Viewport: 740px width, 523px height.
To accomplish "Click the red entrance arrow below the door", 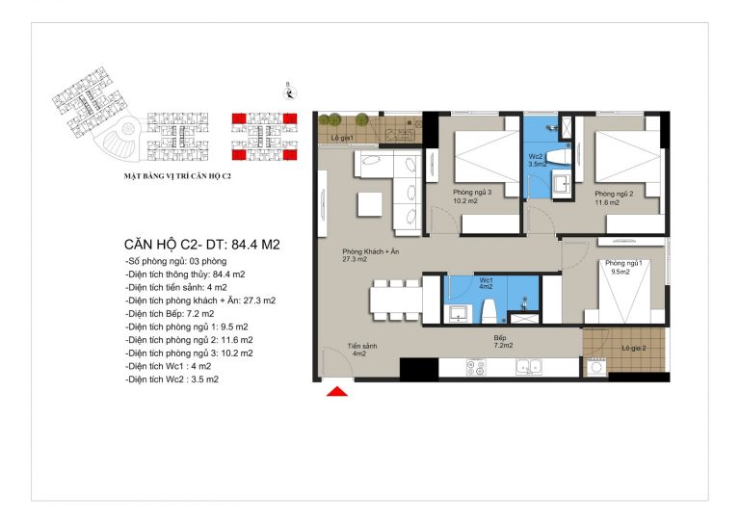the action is point(337,391).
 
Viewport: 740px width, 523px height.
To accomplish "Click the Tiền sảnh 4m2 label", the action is point(362,350).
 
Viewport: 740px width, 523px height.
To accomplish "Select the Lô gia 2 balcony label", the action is point(633,348).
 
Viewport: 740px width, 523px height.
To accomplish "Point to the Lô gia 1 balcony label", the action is point(343,138).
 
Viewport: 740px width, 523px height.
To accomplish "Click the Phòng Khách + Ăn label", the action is point(370,255).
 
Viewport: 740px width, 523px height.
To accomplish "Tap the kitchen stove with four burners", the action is point(476,367).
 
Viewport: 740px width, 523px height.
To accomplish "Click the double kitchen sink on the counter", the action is point(529,367).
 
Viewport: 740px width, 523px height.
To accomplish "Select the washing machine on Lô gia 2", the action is point(595,367).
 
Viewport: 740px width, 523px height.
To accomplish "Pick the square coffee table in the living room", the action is point(370,204).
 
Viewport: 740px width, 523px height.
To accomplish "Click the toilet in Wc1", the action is point(488,311).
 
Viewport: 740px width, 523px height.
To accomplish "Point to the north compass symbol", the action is point(290,92).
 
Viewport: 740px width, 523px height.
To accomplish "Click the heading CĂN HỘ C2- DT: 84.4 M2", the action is point(202,245).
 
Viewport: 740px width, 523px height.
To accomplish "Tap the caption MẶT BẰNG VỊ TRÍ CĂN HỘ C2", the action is point(177,176).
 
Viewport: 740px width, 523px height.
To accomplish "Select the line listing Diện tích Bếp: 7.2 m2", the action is point(170,314).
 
